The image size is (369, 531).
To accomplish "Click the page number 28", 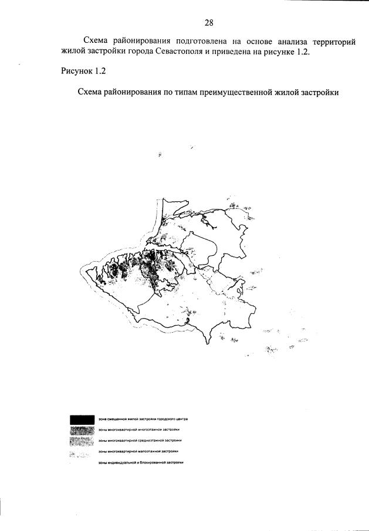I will [208, 23].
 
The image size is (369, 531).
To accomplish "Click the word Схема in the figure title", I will [90, 93].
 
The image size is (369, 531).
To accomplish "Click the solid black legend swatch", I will [82, 420].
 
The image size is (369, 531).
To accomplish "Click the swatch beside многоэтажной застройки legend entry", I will [82, 431].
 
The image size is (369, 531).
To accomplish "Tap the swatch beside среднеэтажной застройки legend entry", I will [82, 441].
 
